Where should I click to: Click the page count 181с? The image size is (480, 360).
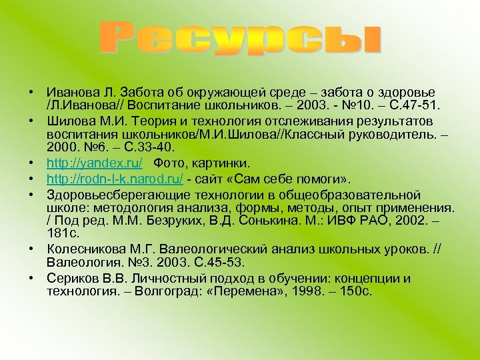[x=63, y=233]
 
